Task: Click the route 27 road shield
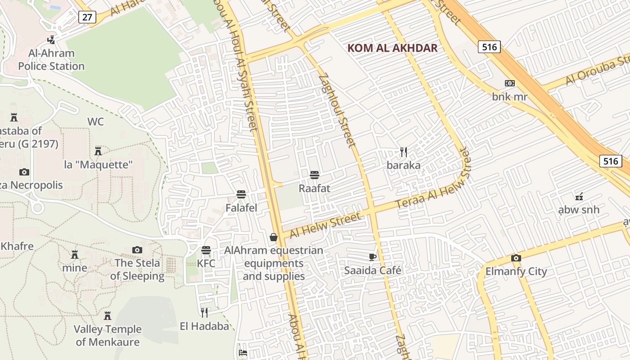pos(87,17)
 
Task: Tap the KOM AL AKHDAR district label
pos(393,48)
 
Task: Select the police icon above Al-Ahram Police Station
pos(51,40)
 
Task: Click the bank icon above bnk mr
pos(509,83)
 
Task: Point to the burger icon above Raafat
pos(315,175)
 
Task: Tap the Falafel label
pos(241,207)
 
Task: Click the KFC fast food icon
pos(206,250)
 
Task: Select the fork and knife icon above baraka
pos(404,152)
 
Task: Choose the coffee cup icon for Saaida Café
pos(372,257)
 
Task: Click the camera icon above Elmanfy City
pos(516,258)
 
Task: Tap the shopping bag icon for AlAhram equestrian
pos(274,237)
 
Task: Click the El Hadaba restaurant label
pos(204,326)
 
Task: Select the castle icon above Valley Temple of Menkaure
pos(108,315)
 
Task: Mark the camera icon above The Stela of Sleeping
pos(137,250)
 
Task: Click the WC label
pos(95,121)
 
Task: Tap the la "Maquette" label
pos(99,165)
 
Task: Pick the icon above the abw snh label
pos(579,196)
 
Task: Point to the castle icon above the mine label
pos(75,254)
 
